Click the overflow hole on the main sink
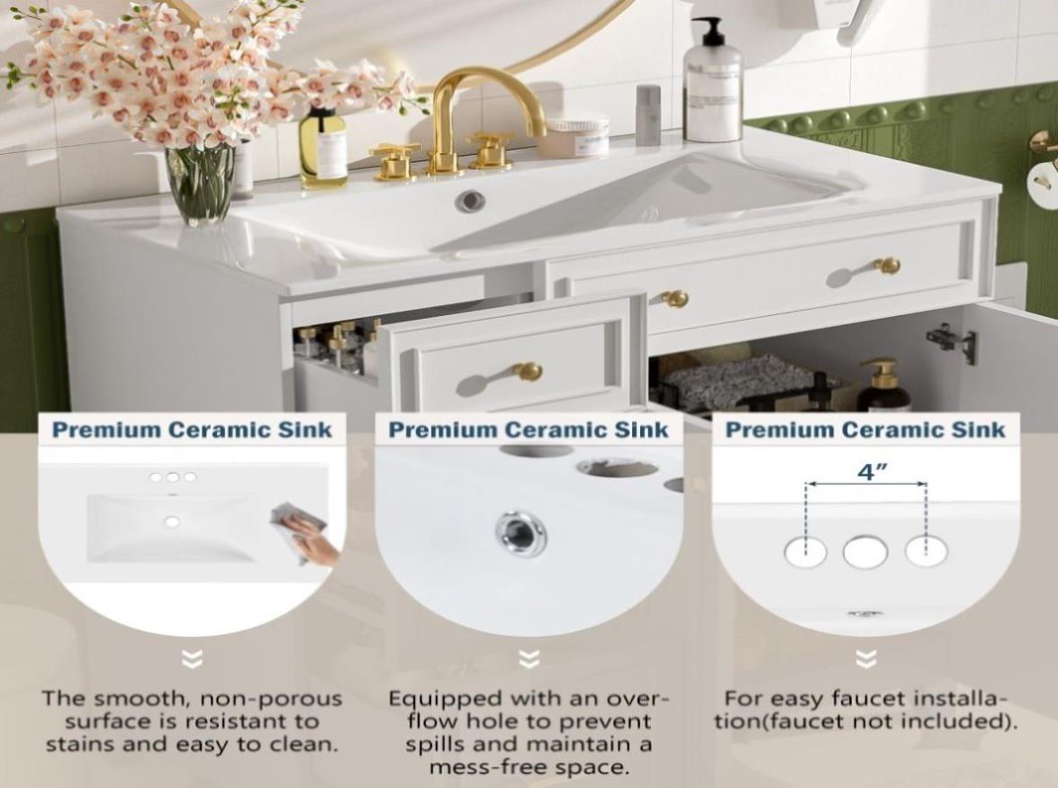click(x=470, y=200)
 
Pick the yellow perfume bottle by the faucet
click(x=323, y=147)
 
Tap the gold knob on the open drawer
click(x=527, y=371)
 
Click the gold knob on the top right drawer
click(x=887, y=266)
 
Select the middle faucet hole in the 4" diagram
click(x=865, y=552)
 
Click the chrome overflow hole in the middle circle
click(x=520, y=533)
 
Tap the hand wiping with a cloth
click(x=303, y=533)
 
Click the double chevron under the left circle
click(x=193, y=658)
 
